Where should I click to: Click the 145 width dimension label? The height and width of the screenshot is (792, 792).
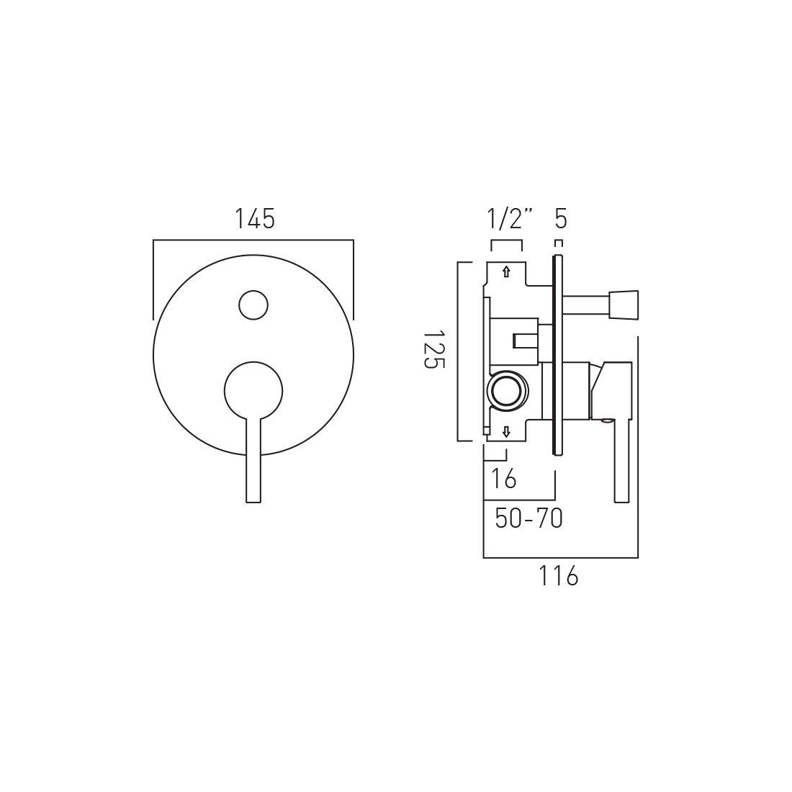(x=254, y=219)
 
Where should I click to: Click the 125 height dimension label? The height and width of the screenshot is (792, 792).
(x=430, y=350)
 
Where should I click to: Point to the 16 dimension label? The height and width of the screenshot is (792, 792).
(x=503, y=478)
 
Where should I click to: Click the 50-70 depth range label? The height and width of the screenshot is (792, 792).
(x=528, y=518)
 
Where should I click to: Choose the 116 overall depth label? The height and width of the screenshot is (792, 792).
(x=559, y=576)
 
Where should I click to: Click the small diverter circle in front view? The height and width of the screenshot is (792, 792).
(x=253, y=305)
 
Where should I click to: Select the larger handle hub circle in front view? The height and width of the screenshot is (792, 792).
(x=253, y=390)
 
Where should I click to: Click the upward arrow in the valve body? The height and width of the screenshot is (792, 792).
(x=506, y=271)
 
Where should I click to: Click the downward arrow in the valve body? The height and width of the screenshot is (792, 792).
(x=506, y=431)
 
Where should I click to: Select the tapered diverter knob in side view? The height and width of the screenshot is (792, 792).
(x=624, y=305)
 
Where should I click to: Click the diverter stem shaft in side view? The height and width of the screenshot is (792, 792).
(x=585, y=305)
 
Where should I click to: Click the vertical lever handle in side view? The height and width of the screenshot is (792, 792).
(x=622, y=461)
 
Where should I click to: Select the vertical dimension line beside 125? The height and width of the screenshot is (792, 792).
(x=459, y=351)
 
